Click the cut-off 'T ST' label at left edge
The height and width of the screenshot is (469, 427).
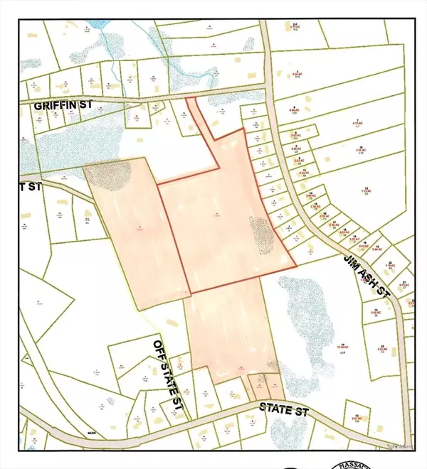30,188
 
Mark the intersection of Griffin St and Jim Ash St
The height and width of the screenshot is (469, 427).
265,90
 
